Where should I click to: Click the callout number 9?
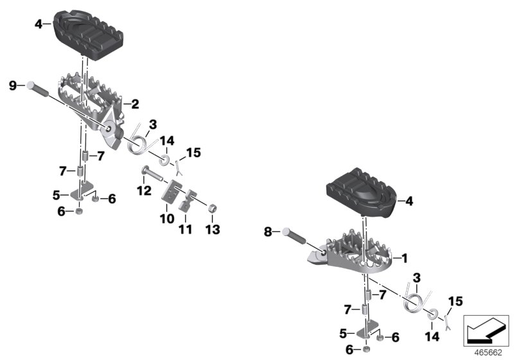click(13, 85)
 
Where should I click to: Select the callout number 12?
click(143, 190)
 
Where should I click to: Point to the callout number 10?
click(167, 219)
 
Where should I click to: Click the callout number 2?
click(135, 103)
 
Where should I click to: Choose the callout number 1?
click(404, 258)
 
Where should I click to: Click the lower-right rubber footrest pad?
click(363, 190)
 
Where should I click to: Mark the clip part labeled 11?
click(187, 201)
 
